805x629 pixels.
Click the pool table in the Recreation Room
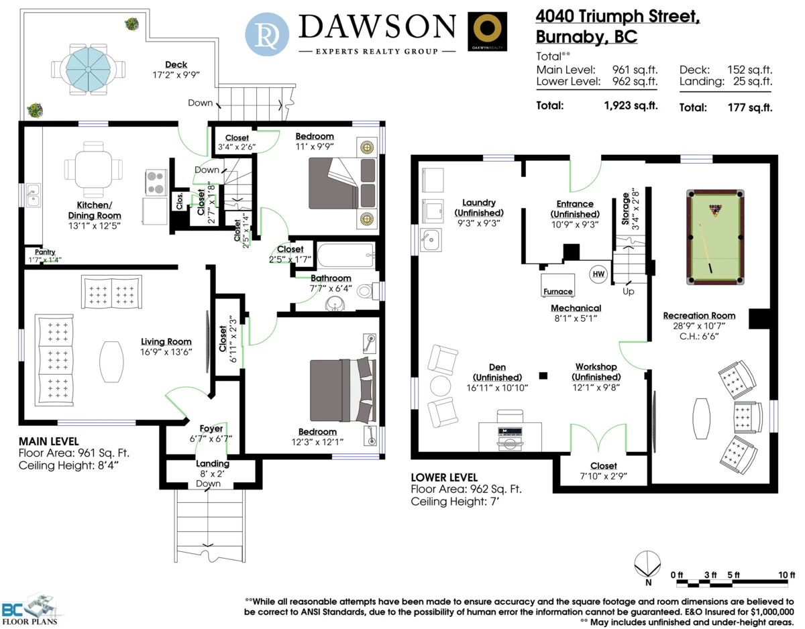pos(715,237)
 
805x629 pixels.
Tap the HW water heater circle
pos(598,274)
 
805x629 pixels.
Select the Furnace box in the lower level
pos(557,285)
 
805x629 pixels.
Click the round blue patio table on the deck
pos(88,69)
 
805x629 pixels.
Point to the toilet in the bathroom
pos(368,291)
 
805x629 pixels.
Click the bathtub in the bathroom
pos(346,255)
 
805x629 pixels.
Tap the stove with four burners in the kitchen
pos(156,182)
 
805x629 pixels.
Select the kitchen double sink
pos(33,195)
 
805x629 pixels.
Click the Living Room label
pos(166,342)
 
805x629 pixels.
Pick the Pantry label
pos(45,251)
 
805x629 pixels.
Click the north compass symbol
pos(647,565)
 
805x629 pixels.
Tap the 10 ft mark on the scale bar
pos(786,575)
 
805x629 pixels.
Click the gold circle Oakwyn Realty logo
pos(487,31)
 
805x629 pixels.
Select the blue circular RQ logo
pos(267,34)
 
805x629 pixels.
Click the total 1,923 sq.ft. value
pos(631,106)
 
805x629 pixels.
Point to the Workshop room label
pos(596,367)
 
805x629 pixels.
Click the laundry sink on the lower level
pos(431,239)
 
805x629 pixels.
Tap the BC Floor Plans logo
pos(30,610)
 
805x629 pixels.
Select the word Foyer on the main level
pos(211,428)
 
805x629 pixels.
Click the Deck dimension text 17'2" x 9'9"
pos(176,75)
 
